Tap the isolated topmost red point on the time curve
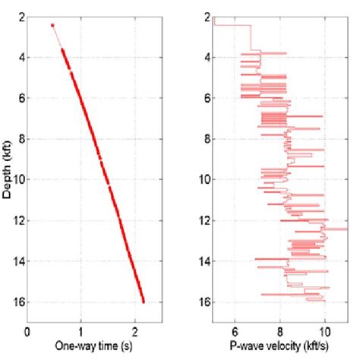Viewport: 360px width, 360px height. pyautogui.click(x=52, y=25)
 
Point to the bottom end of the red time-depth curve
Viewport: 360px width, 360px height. pyautogui.click(x=143, y=302)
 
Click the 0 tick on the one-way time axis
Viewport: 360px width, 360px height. pyautogui.click(x=28, y=332)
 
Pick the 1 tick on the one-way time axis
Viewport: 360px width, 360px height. pyautogui.click(x=81, y=332)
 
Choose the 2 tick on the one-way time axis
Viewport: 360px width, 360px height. pyautogui.click(x=134, y=332)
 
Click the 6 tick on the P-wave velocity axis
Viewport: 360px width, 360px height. pyautogui.click(x=235, y=332)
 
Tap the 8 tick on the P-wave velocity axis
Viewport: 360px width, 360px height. pyautogui.click(x=280, y=332)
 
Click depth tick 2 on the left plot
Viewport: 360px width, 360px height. pyautogui.click(x=19, y=16)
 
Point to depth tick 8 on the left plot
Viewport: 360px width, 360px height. pyautogui.click(x=19, y=138)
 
